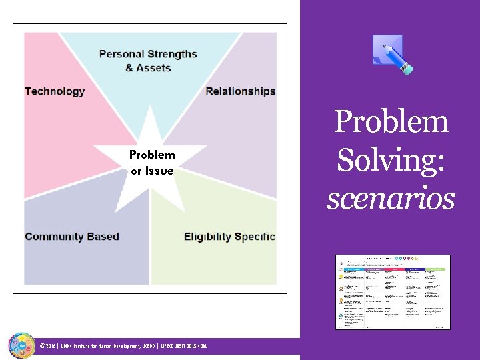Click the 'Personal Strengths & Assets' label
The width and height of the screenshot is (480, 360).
(148, 61)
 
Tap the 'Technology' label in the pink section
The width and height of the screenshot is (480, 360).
(55, 91)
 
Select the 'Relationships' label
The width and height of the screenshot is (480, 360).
(240, 91)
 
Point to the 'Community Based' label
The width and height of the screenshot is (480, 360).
(72, 237)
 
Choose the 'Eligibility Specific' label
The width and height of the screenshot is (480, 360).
(229, 237)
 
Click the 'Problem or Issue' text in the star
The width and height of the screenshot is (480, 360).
(152, 163)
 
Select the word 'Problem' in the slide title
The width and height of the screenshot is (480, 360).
(391, 123)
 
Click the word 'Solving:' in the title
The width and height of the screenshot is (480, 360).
(391, 161)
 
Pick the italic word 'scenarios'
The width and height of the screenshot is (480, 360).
(391, 198)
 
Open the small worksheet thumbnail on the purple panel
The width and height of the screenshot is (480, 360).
(393, 292)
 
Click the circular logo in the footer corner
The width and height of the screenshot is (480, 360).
(21, 345)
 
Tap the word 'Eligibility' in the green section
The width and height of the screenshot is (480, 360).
(207, 237)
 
